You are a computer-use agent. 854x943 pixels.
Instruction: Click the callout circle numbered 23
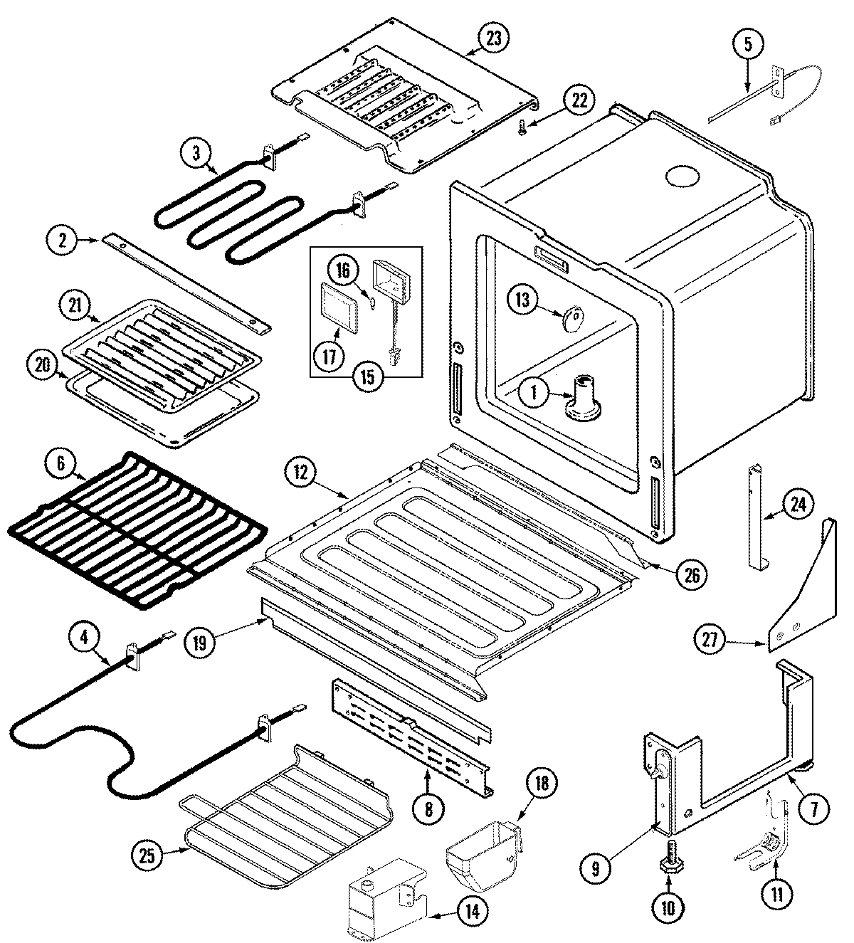tap(493, 38)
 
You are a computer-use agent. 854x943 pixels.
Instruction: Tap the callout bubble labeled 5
tap(747, 44)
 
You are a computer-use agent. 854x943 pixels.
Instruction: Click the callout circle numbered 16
tap(342, 270)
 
